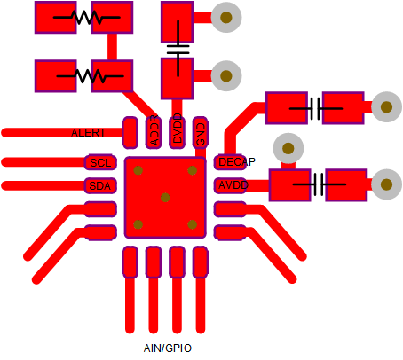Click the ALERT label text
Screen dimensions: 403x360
[x=89, y=133]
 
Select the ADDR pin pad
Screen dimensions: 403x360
[x=154, y=132]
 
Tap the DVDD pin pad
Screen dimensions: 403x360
[x=177, y=132]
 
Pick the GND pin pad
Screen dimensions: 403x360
[x=201, y=132]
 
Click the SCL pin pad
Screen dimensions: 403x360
[x=100, y=162]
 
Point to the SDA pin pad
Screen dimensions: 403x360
[x=100, y=185]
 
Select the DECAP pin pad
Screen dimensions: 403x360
[x=230, y=162]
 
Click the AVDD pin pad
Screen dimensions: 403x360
[x=230, y=185]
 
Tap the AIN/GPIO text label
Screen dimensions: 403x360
[x=168, y=348]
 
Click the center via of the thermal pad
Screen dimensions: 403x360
[x=165, y=198]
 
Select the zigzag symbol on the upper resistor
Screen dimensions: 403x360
[x=87, y=18]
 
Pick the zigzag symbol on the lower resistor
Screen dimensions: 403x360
[x=90, y=76]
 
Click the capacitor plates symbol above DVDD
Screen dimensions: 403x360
[x=178, y=49]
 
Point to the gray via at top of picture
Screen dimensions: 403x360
[x=226, y=17]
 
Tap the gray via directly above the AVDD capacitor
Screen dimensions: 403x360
[x=288, y=148]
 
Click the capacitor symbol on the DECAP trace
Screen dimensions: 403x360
[x=316, y=108]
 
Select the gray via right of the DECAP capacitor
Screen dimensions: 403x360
[x=386, y=107]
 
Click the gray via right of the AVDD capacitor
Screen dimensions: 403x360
[x=386, y=184]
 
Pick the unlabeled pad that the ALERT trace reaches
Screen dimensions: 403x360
[x=130, y=132]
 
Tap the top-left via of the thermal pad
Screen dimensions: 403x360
[x=138, y=170]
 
